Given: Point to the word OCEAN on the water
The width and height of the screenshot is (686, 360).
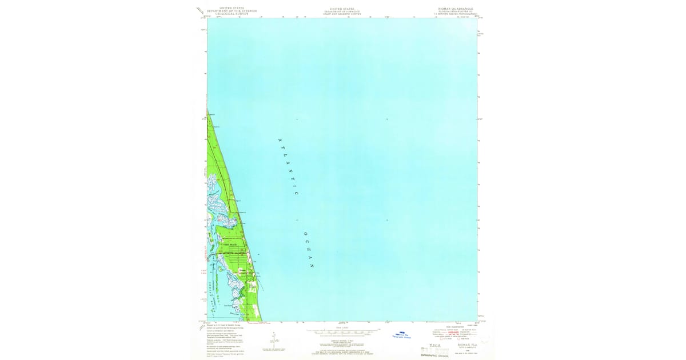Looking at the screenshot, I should (x=309, y=250).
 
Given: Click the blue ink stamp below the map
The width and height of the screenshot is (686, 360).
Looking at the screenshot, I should (x=404, y=337).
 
